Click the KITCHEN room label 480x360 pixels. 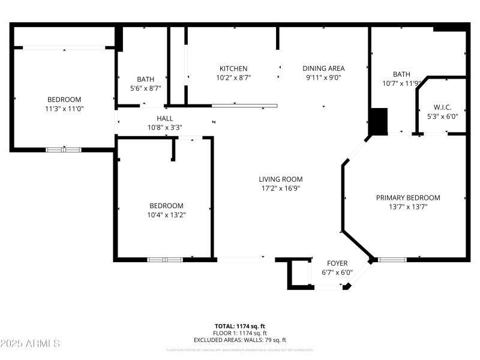tap(233, 68)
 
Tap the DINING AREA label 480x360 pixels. tap(323, 68)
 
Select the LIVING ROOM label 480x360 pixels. tap(280, 179)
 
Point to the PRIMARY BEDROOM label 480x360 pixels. tap(408, 197)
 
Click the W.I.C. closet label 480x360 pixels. tap(442, 107)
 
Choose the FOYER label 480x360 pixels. tap(337, 263)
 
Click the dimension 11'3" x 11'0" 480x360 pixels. tap(64, 109)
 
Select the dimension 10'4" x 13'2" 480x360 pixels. tap(166, 215)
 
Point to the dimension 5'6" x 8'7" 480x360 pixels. tap(145, 88)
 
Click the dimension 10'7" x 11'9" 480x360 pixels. tap(401, 83)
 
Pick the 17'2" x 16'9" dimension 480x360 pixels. tap(280, 188)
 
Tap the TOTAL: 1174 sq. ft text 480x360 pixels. tap(240, 326)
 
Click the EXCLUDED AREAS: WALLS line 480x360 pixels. tap(240, 340)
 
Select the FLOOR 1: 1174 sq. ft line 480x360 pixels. tap(240, 333)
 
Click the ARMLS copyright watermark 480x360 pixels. tap(30, 343)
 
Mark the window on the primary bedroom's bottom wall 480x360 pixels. tap(392, 260)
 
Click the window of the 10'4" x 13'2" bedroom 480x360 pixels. tap(165, 260)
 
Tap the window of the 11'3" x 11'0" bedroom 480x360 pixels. tap(64, 149)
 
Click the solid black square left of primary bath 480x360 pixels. tap(379, 121)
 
